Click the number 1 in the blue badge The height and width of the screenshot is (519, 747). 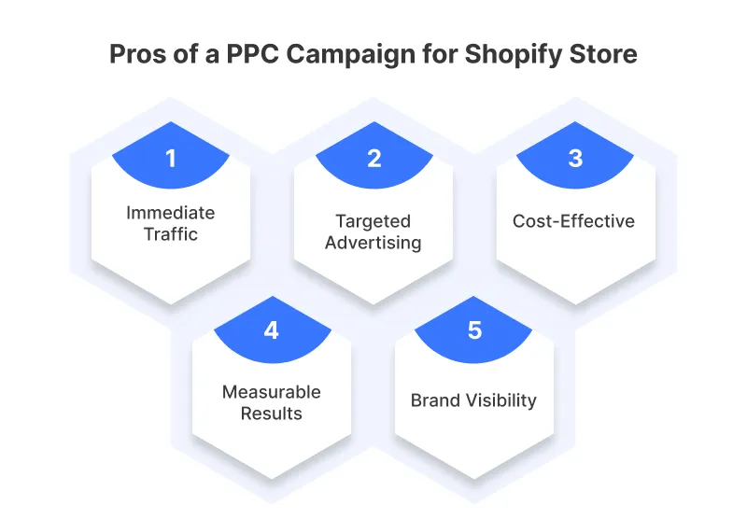171,159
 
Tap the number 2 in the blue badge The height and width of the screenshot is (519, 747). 373,159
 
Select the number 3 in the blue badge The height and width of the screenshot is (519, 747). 575,159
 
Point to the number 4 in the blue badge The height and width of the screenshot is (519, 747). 271,330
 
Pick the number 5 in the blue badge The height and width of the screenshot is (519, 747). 474,330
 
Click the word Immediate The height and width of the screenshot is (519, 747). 171,213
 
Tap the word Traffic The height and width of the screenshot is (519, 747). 171,233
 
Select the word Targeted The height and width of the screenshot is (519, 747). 373,222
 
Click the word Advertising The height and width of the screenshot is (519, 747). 373,244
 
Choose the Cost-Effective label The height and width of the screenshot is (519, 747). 573,222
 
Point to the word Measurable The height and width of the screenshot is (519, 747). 271,392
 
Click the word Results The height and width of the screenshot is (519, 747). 271,413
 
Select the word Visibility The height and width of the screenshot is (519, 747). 501,401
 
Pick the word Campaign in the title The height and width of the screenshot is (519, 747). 350,54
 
